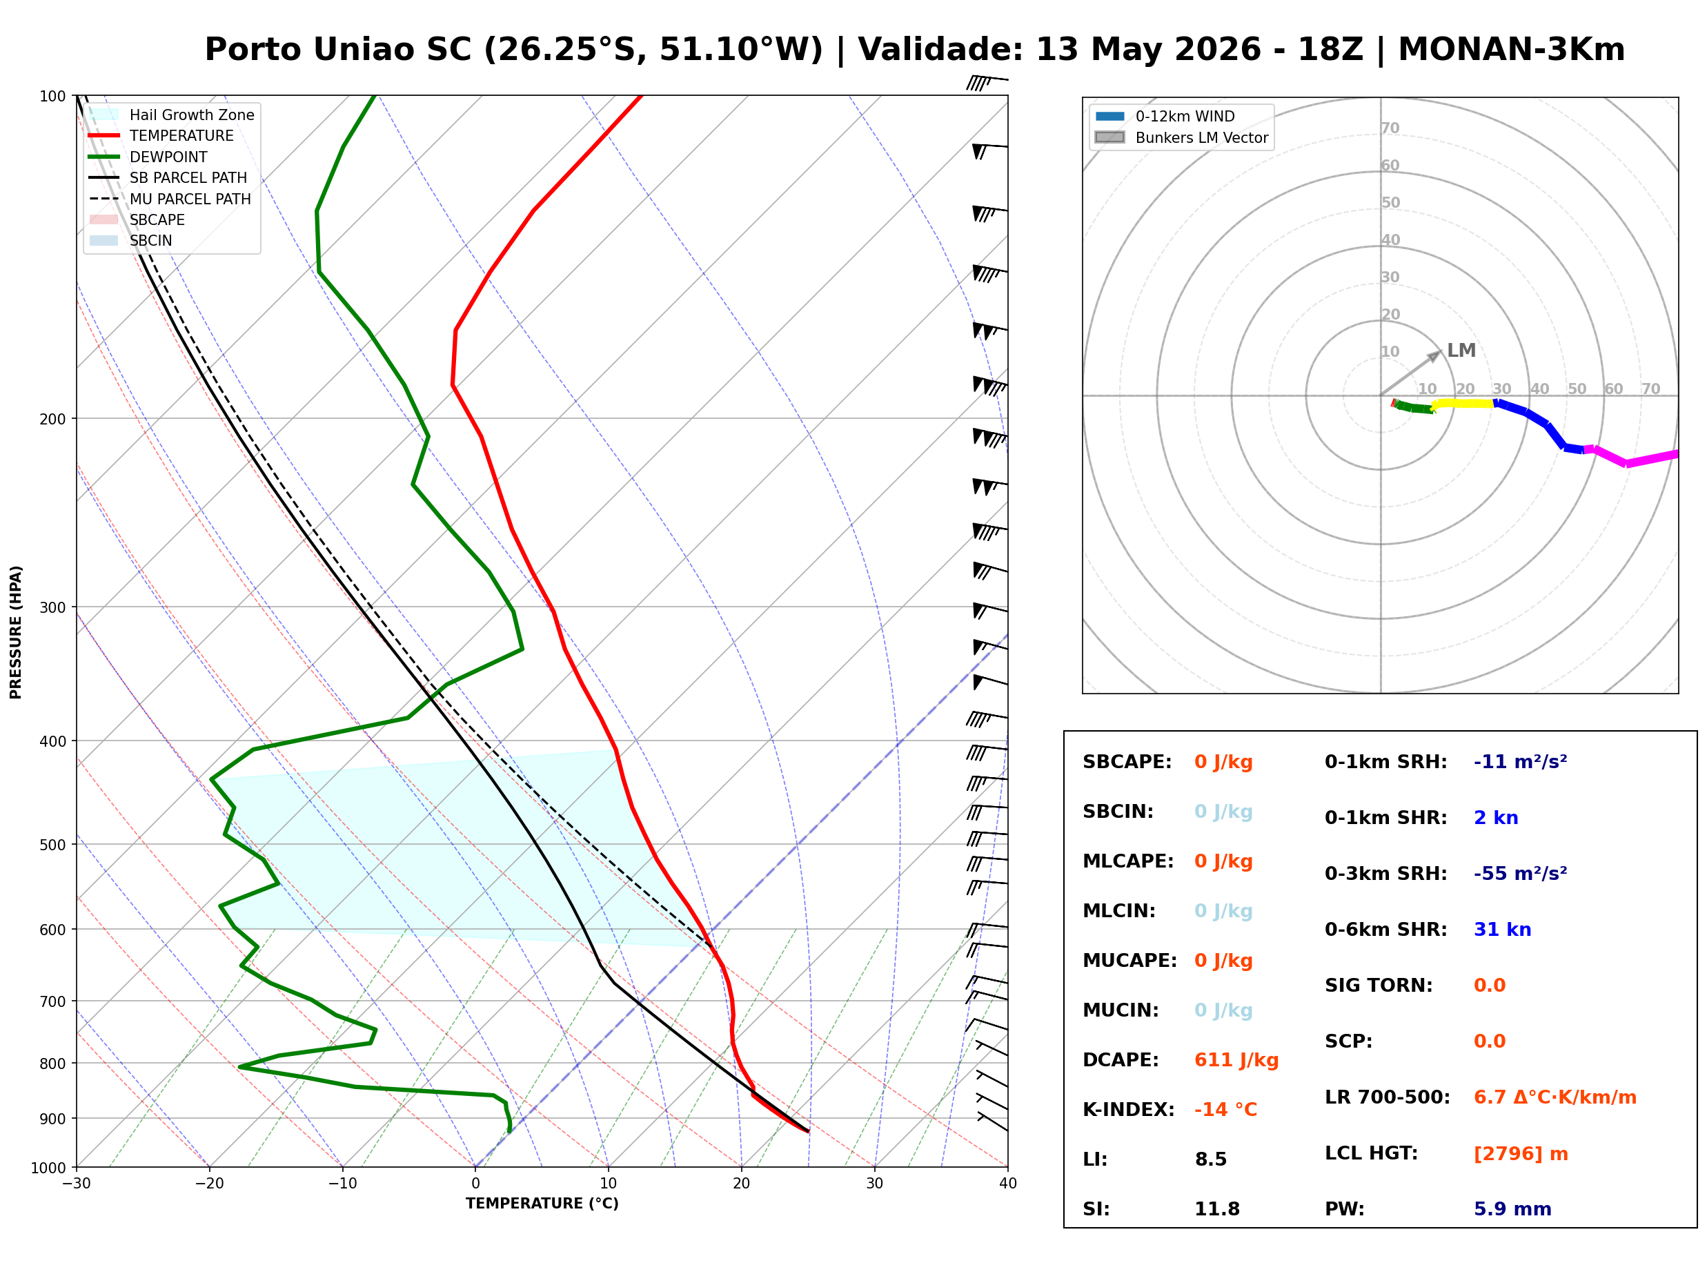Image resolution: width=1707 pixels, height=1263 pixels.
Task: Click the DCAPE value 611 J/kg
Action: pyautogui.click(x=1236, y=1059)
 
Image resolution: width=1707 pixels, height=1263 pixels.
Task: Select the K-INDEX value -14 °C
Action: pyautogui.click(x=1225, y=1109)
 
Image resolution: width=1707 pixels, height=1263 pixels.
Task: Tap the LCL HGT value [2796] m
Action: pyautogui.click(x=1520, y=1154)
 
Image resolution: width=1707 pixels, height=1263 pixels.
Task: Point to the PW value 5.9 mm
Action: pyautogui.click(x=1512, y=1208)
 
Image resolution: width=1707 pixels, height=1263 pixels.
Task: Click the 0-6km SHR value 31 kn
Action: pyautogui.click(x=1501, y=930)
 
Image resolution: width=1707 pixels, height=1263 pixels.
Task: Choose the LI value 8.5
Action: pyautogui.click(x=1210, y=1159)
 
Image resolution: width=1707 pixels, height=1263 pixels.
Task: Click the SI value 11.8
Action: pyautogui.click(x=1216, y=1208)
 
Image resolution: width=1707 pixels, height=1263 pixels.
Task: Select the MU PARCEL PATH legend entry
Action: pyautogui.click(x=170, y=199)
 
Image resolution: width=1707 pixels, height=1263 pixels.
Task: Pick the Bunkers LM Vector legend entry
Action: pyautogui.click(x=1181, y=137)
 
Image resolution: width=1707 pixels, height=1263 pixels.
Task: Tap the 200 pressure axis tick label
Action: pyautogui.click(x=52, y=419)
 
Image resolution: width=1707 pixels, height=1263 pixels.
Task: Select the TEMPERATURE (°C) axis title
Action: pyautogui.click(x=542, y=1204)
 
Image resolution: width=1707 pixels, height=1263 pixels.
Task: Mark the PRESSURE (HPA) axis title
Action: pyautogui.click(x=16, y=632)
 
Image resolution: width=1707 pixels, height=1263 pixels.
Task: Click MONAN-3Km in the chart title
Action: pyautogui.click(x=1510, y=50)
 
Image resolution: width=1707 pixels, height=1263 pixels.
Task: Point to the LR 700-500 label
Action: pyautogui.click(x=1387, y=1097)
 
